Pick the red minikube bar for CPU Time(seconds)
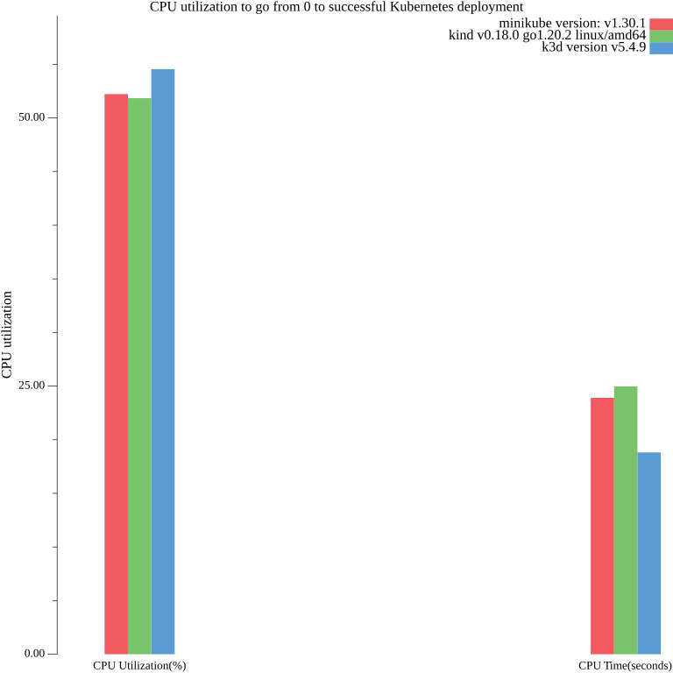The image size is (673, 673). [602, 526]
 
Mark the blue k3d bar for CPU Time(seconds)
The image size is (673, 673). [649, 553]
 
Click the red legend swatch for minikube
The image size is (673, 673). [661, 24]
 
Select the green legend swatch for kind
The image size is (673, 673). [661, 36]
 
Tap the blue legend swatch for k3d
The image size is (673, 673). [661, 48]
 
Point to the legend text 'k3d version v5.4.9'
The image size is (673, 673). [593, 47]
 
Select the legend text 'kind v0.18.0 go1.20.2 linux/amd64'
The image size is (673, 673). [547, 35]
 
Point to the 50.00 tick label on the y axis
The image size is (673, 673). [32, 117]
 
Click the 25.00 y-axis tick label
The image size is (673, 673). [32, 386]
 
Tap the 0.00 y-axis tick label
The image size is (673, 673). [34, 654]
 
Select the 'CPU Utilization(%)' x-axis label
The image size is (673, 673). [139, 666]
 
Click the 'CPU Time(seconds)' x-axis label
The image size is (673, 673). [625, 666]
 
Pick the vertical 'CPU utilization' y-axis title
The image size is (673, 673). [7, 335]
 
